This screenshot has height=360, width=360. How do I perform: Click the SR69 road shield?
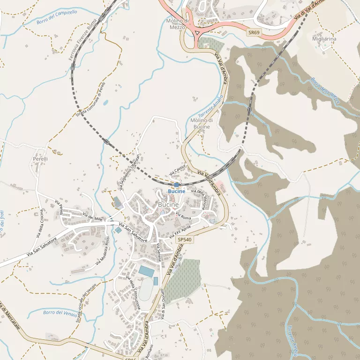pos(254,33)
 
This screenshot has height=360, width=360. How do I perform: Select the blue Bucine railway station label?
pos(177,191)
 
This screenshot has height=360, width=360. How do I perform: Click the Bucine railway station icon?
pos(176,185)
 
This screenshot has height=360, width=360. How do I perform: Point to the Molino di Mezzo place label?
pos(178,24)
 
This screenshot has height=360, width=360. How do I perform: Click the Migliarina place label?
pos(324,39)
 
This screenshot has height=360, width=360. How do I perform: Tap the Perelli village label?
pos(40,159)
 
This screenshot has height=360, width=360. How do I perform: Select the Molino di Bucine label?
pos(201,123)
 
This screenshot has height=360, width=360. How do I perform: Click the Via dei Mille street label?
pos(93,217)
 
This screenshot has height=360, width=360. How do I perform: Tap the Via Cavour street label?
pos(178,170)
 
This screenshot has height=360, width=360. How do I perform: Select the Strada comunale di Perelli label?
pos(91,100)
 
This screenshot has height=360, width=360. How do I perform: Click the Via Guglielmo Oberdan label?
pos(130,172)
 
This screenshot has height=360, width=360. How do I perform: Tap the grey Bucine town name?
pos(168,205)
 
